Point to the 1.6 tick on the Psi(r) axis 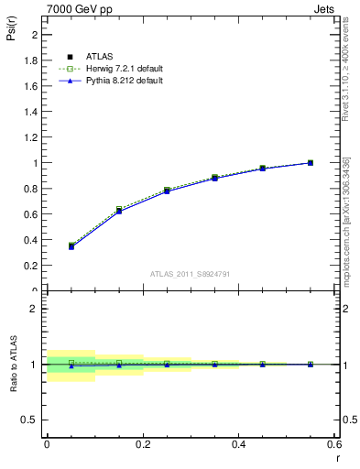(31, 86)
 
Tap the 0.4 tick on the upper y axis (31, 240)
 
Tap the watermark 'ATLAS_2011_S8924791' (190, 274)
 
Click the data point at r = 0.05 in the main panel (71, 246)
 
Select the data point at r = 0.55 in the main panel (311, 163)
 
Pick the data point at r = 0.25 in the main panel (167, 191)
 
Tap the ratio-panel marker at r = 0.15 (119, 365)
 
